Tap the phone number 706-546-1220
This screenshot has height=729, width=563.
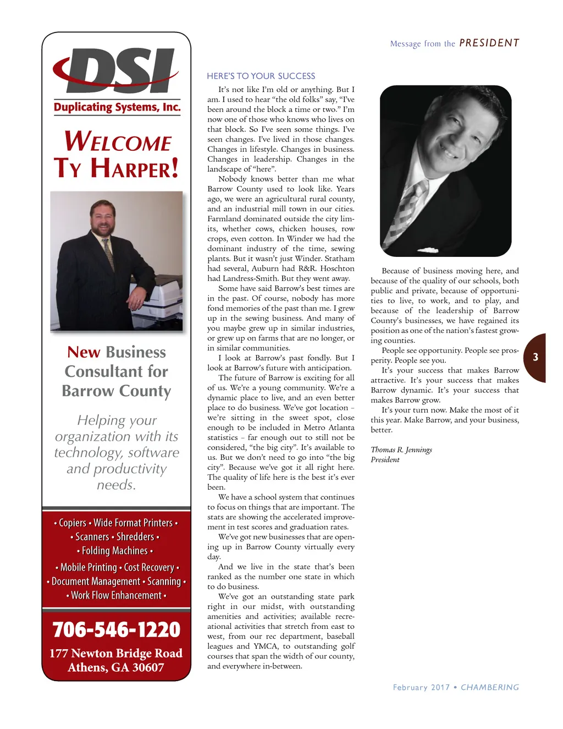(x=117, y=629)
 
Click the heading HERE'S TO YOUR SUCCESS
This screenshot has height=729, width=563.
(x=261, y=76)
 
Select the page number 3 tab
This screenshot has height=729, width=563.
(x=535, y=357)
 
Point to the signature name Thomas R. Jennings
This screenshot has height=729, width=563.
(x=401, y=450)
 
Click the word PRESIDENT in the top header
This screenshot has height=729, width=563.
(x=489, y=43)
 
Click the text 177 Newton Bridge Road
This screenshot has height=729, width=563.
(x=116, y=653)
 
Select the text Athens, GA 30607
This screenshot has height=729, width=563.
(x=116, y=667)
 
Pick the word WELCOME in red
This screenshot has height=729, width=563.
(x=118, y=142)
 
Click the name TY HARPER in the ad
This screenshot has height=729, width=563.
(x=116, y=168)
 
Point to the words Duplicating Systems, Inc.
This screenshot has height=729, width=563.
(x=117, y=107)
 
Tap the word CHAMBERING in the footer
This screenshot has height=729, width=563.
(x=490, y=687)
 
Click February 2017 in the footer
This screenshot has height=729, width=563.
(x=421, y=687)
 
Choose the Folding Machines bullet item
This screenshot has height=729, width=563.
(x=115, y=551)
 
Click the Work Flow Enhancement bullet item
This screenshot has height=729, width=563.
(x=117, y=595)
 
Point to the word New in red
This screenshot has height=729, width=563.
(x=84, y=352)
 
